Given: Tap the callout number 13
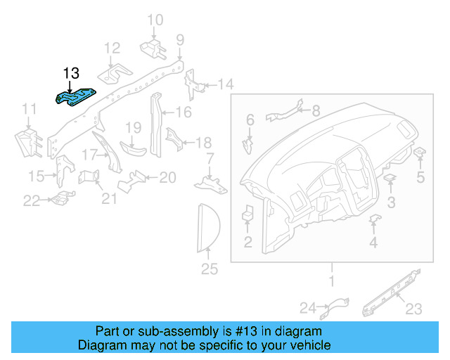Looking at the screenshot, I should (71, 73).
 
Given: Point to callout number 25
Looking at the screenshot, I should (210, 269).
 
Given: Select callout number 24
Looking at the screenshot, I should (307, 307).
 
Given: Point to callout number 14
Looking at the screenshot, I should (224, 85).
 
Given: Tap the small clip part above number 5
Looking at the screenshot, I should (419, 153).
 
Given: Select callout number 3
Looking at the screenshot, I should (392, 202).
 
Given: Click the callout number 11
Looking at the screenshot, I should (29, 109).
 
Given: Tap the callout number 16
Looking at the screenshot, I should (183, 112).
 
